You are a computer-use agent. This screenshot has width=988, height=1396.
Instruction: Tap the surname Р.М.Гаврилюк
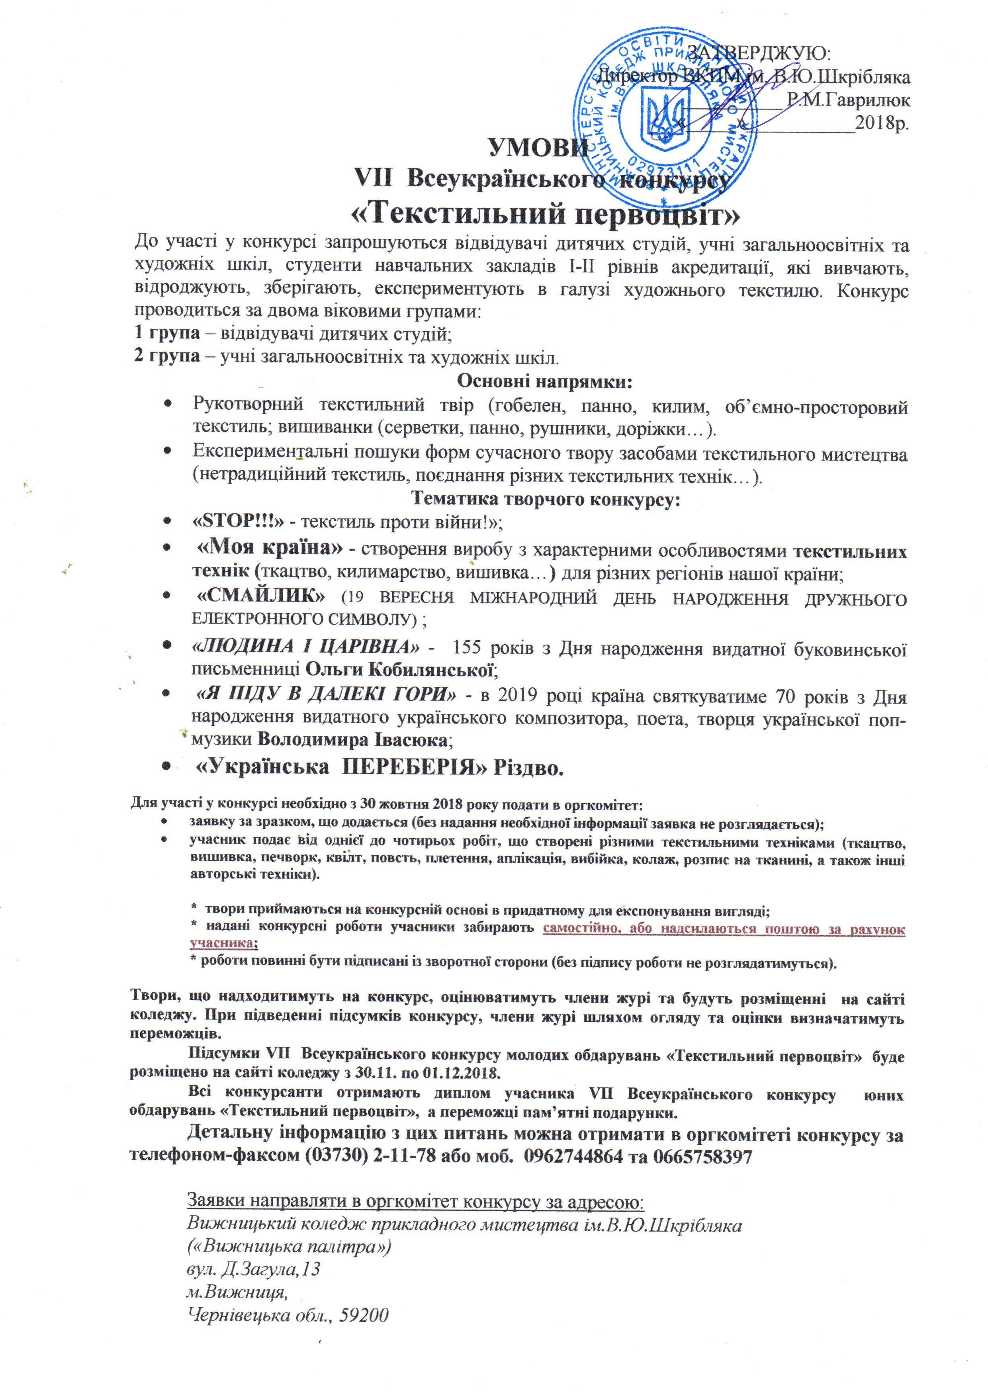coord(849,100)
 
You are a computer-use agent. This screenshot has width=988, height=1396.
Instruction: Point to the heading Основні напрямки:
coord(545,381)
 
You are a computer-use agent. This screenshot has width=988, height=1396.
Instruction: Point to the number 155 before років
coord(467,647)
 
